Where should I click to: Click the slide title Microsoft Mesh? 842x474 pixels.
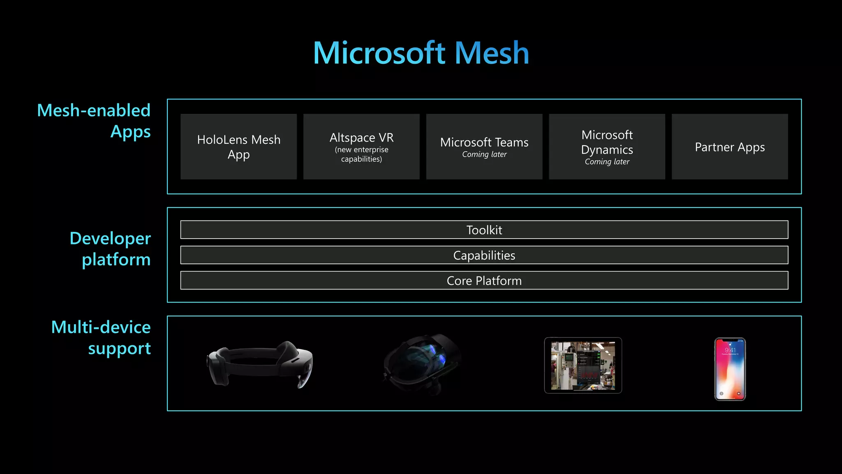click(421, 53)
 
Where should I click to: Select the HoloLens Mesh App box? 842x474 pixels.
click(238, 146)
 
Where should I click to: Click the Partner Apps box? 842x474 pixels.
click(730, 147)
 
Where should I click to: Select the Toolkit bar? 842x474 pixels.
click(484, 230)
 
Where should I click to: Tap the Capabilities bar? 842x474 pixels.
click(484, 255)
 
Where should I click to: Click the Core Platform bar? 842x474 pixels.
click(484, 281)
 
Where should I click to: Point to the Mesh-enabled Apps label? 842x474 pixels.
click(94, 121)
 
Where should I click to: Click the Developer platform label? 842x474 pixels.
click(110, 249)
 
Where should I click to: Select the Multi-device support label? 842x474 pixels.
click(101, 337)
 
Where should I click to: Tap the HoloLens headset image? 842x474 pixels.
click(260, 364)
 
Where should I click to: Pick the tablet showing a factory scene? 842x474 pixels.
click(583, 365)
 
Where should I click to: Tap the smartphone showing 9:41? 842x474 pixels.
click(730, 369)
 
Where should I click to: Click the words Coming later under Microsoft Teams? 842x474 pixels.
click(484, 154)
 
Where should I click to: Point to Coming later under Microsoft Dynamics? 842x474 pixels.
click(607, 162)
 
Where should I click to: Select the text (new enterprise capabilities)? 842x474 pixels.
click(361, 154)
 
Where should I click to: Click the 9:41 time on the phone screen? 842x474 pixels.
click(730, 350)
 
